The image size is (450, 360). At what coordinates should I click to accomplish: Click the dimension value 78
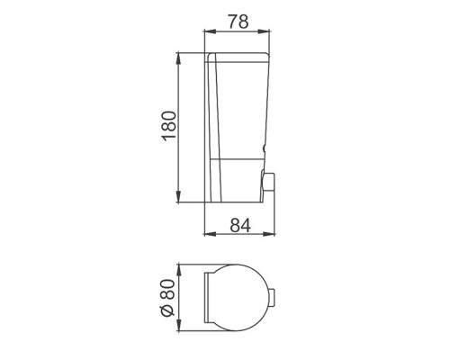point(238,22)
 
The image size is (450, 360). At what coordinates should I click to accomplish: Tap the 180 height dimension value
point(169,126)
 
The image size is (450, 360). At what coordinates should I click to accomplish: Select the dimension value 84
point(240,225)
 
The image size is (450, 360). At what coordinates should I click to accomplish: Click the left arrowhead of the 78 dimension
point(210,31)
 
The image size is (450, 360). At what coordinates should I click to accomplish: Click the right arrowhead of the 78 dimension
point(264,31)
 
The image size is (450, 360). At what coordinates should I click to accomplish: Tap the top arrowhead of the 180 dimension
point(178,58)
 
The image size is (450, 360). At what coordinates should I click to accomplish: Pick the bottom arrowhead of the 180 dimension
point(178,197)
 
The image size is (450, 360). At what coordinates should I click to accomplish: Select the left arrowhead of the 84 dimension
point(210,234)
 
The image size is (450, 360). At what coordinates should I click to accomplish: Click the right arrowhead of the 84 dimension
point(269,234)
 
